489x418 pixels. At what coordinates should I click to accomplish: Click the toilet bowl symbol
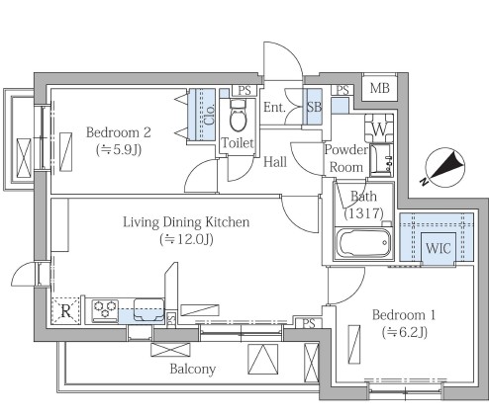[x=238, y=116]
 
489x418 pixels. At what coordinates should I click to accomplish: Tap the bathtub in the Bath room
[x=363, y=243]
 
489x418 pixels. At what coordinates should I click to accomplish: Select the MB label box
[x=379, y=88]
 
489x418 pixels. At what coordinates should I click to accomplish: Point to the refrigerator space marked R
[x=65, y=310]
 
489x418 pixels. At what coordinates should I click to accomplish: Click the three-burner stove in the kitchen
[x=105, y=310]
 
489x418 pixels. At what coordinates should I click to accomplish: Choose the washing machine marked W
[x=379, y=128]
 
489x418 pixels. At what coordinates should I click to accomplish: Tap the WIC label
[x=439, y=248]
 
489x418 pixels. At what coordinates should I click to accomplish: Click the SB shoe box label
[x=314, y=107]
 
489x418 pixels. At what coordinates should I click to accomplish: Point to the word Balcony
[x=193, y=369]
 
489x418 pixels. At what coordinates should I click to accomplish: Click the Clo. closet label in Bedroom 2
[x=209, y=115]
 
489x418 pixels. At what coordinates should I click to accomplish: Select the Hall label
[x=275, y=162]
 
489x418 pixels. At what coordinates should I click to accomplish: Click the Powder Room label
[x=346, y=158]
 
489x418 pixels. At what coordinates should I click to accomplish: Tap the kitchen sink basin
[x=148, y=309]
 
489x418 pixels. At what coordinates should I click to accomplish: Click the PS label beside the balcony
[x=309, y=324]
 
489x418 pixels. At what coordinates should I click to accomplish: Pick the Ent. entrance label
[x=274, y=107]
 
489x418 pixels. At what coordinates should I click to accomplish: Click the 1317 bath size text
[x=363, y=213]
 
